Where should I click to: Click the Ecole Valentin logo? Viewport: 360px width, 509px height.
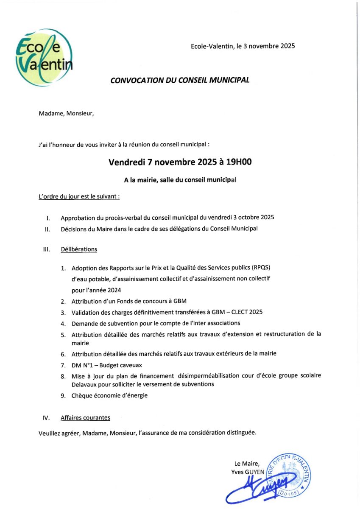coord(44,58)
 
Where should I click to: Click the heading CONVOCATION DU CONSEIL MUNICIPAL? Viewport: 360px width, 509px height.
coord(180,80)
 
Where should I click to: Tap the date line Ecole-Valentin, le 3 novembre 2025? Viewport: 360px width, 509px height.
coord(243,46)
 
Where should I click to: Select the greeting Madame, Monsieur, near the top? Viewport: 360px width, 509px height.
coord(66,113)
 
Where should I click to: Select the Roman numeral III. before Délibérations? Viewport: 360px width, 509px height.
coord(47,249)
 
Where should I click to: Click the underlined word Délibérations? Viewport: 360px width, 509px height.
coord(79,249)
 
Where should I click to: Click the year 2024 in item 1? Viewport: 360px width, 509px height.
coord(114,290)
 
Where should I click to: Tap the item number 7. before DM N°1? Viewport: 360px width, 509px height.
coord(63,365)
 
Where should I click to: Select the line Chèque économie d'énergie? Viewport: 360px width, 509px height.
coord(109,395)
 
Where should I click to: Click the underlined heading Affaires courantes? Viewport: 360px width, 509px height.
coord(85,418)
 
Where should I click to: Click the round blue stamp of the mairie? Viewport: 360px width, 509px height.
coord(289,474)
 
